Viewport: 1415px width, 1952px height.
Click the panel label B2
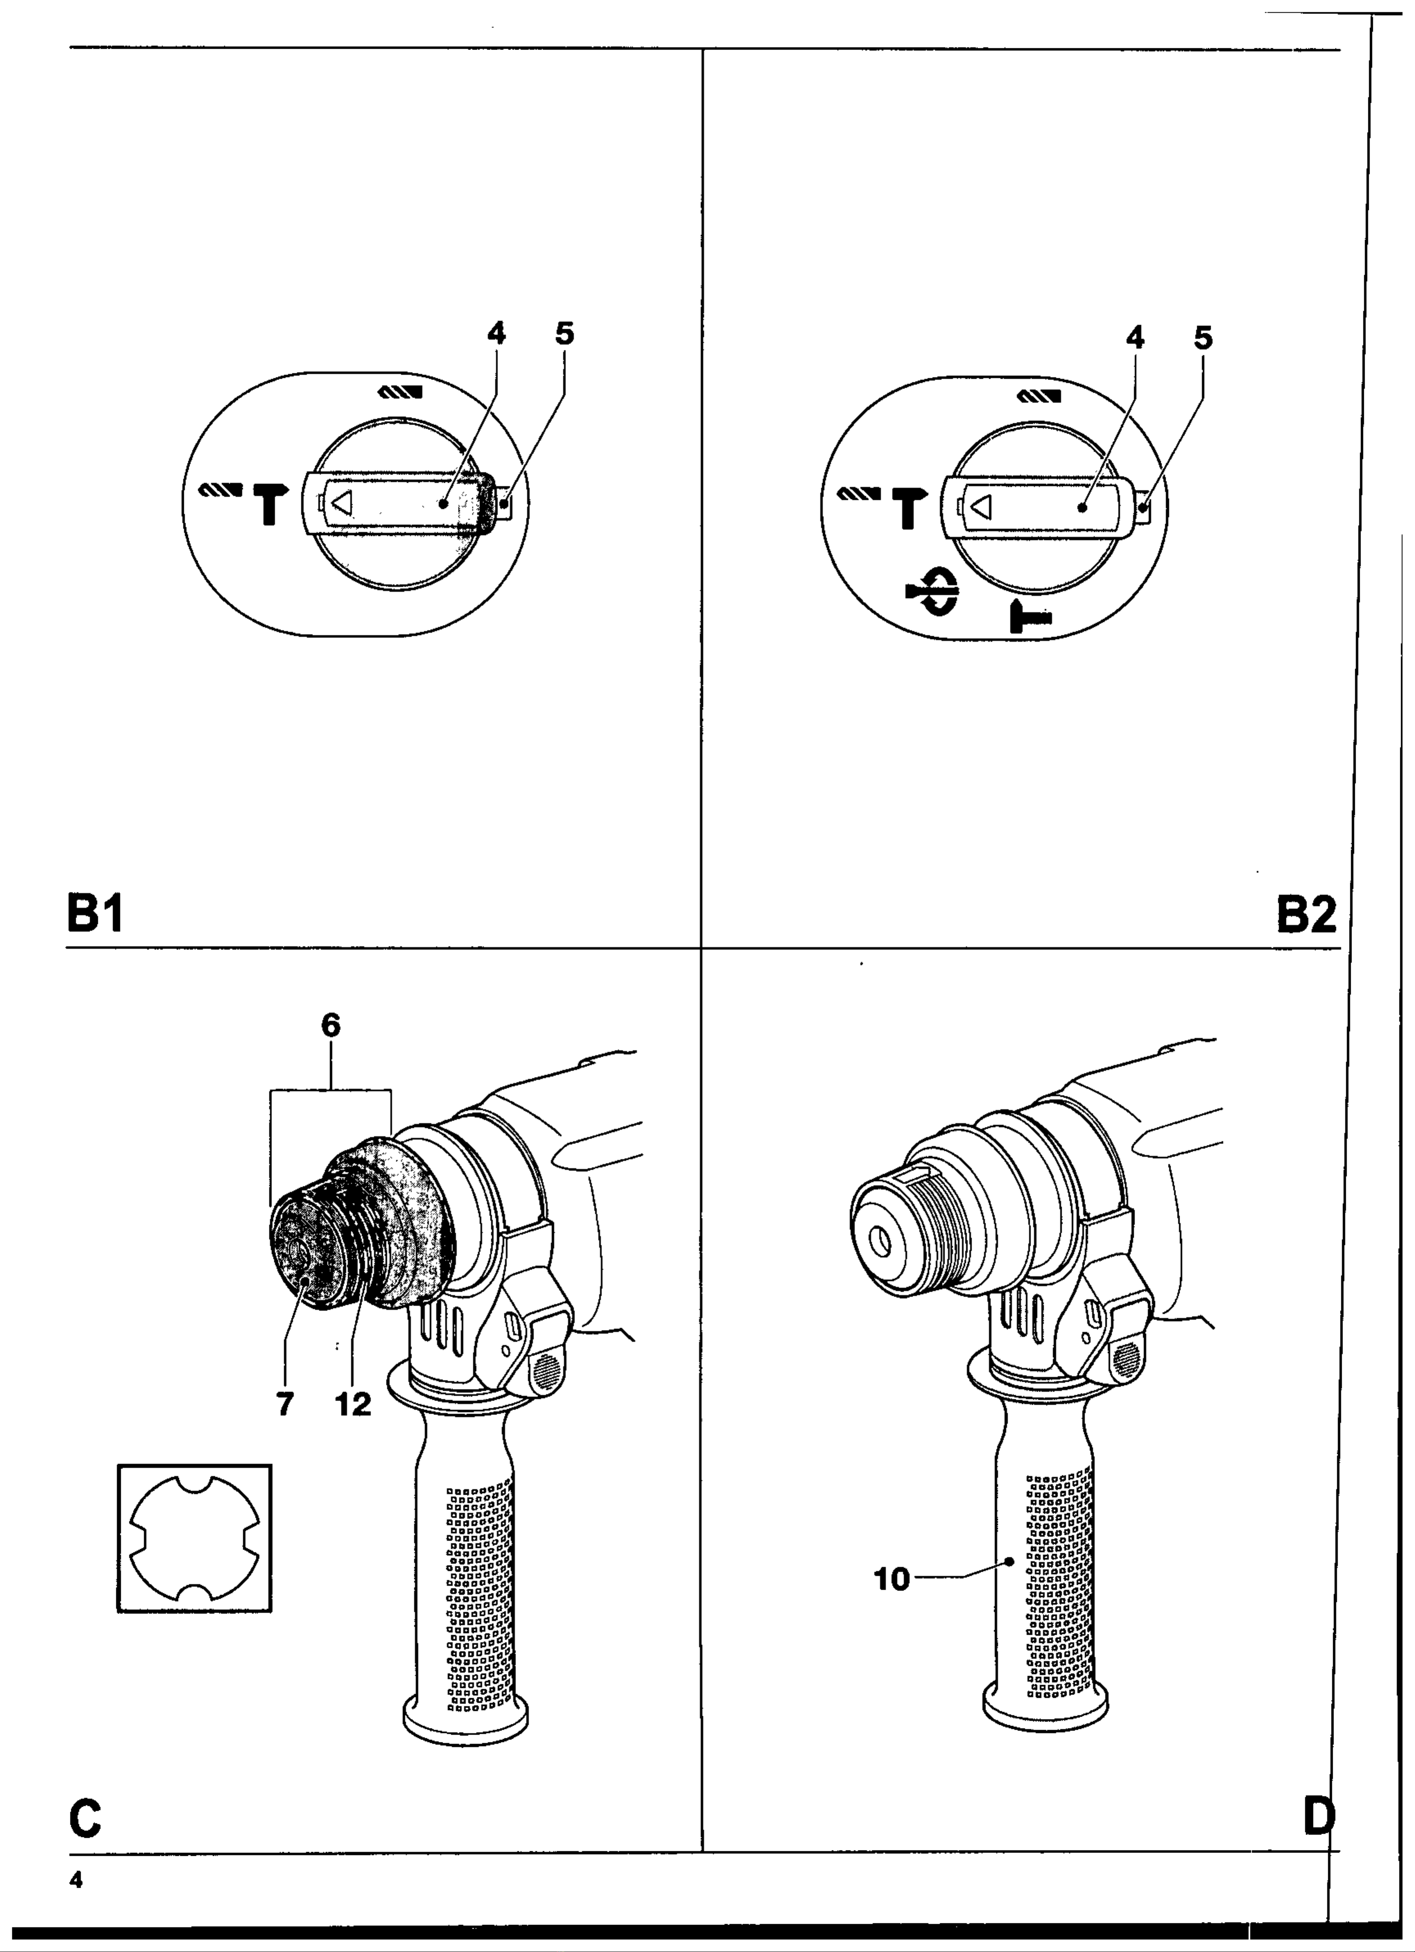pyautogui.click(x=1307, y=914)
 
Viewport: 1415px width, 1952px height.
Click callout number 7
pyautogui.click(x=285, y=1405)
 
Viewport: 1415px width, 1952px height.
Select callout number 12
pyautogui.click(x=353, y=1405)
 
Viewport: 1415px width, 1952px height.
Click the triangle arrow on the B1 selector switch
pyautogui.click(x=342, y=503)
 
